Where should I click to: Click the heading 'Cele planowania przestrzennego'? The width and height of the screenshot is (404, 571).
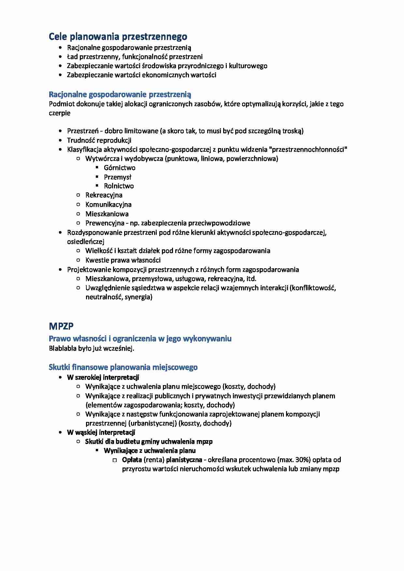point(118,36)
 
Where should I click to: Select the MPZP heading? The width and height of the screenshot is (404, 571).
point(61,326)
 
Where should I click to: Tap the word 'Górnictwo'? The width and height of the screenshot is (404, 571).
point(120,168)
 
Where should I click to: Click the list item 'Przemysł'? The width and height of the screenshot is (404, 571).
point(117,177)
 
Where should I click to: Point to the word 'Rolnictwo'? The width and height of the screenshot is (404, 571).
point(119,186)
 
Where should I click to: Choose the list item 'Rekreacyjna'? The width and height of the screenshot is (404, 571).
point(104,195)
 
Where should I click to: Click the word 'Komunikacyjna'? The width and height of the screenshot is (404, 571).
point(108,204)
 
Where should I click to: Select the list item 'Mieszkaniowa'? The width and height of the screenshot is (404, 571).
point(107,214)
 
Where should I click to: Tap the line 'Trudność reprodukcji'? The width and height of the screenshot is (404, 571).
point(99,140)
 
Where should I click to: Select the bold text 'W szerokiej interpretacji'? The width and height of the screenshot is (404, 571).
point(103,377)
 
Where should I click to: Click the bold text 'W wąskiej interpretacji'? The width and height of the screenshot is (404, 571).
point(101,432)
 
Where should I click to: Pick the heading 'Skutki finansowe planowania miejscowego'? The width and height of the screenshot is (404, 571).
point(123,367)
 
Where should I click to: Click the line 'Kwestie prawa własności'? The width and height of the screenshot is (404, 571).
point(123,260)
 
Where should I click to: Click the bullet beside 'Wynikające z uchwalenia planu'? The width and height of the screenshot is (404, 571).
point(97,451)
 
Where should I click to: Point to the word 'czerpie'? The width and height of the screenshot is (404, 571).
point(59,113)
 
